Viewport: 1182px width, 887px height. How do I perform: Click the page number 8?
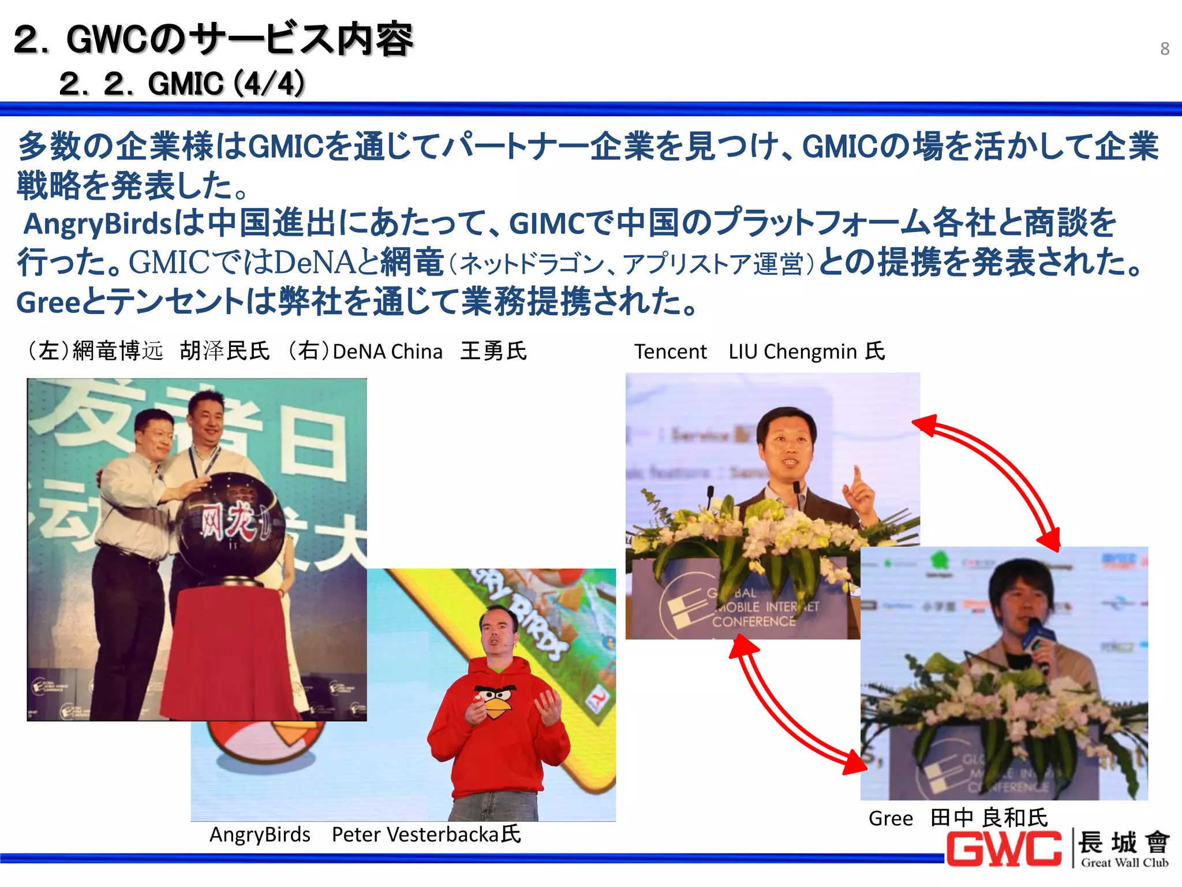pos(1165,49)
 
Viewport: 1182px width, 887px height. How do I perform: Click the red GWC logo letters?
pos(1004,848)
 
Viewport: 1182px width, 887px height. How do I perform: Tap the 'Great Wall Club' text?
pos(1124,863)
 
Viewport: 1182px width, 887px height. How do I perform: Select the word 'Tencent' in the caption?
pos(670,352)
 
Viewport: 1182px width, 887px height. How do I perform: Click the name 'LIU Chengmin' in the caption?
pos(792,352)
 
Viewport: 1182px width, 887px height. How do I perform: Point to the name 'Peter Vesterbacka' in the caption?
pos(415,835)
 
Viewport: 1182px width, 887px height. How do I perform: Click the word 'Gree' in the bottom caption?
pos(891,819)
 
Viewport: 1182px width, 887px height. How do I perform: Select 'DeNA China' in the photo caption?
pos(387,352)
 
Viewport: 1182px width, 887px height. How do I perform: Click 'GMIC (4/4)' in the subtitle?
pos(226,84)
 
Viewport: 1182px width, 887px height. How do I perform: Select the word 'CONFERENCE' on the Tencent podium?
pos(753,622)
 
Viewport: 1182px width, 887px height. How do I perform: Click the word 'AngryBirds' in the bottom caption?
pos(260,835)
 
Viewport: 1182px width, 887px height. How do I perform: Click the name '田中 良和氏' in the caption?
pos(989,818)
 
